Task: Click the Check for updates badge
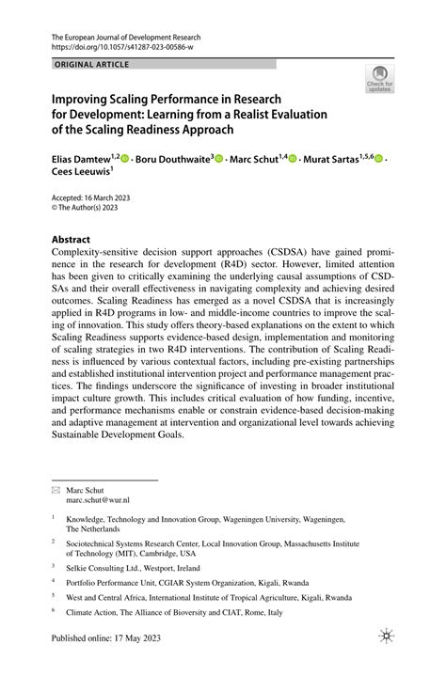(379, 79)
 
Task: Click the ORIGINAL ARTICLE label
(91, 64)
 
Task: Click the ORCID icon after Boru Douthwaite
(218, 159)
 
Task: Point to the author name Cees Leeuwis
(80, 172)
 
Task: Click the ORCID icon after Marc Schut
(293, 159)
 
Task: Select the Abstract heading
(72, 239)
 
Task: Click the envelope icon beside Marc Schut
(56, 491)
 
